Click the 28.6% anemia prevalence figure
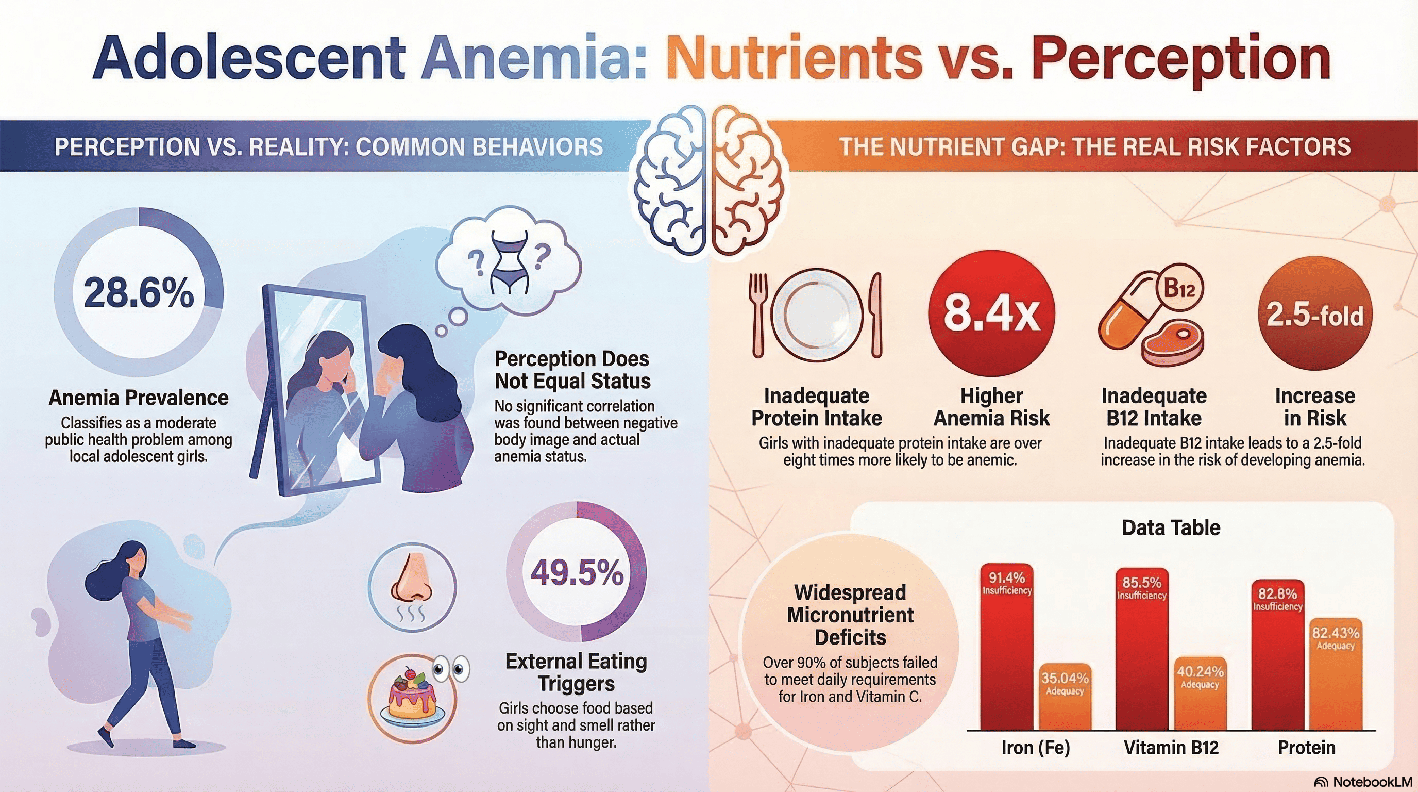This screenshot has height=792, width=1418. pyautogui.click(x=139, y=292)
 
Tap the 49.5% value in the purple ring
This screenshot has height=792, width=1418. pyautogui.click(x=577, y=573)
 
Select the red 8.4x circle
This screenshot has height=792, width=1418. pyautogui.click(x=991, y=313)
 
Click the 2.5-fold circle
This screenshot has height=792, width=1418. pyautogui.click(x=1314, y=315)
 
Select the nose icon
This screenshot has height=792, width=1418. pyautogui.click(x=412, y=587)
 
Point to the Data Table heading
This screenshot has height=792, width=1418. pyautogui.click(x=1171, y=527)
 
